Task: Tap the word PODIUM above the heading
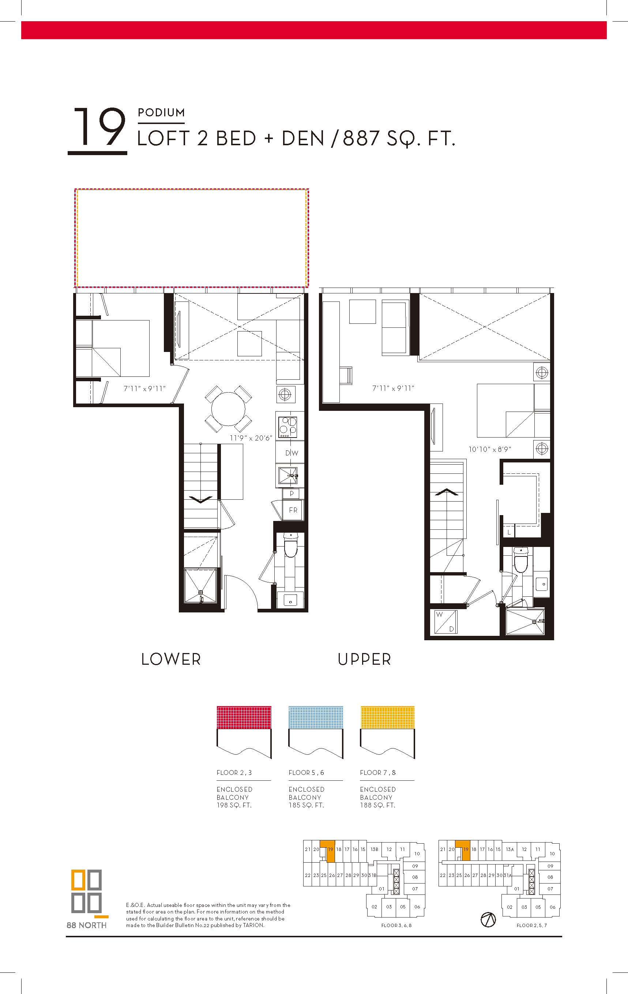(x=161, y=113)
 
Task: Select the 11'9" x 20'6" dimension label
(x=251, y=438)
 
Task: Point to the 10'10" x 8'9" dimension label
(x=490, y=449)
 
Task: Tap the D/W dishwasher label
(x=292, y=453)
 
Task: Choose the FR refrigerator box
(x=293, y=510)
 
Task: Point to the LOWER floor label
(x=171, y=659)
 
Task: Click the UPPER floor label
(x=364, y=659)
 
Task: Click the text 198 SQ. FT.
(x=234, y=805)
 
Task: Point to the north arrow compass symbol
(x=488, y=920)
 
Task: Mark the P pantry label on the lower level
(x=292, y=493)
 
